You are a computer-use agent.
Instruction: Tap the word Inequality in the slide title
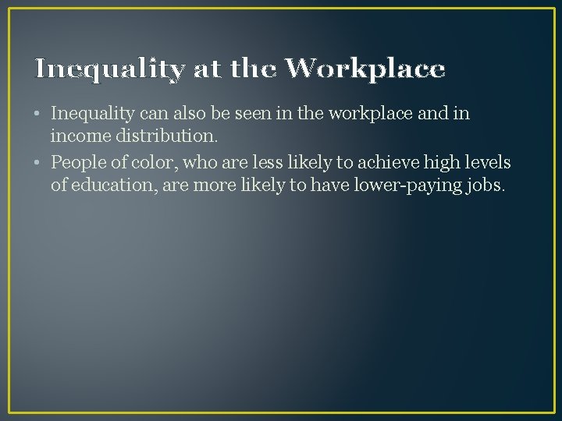tap(109, 70)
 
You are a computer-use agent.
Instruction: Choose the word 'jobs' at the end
tap(484, 186)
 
